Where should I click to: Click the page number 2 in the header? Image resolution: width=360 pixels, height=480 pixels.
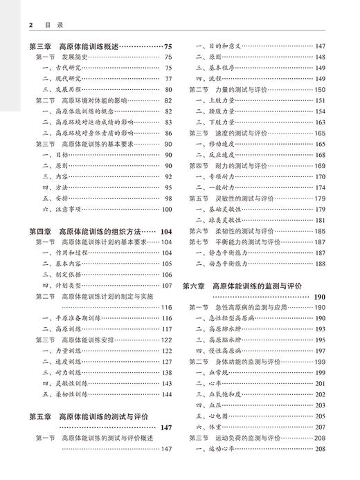(31, 24)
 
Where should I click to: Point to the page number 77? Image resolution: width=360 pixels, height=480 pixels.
(168, 79)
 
